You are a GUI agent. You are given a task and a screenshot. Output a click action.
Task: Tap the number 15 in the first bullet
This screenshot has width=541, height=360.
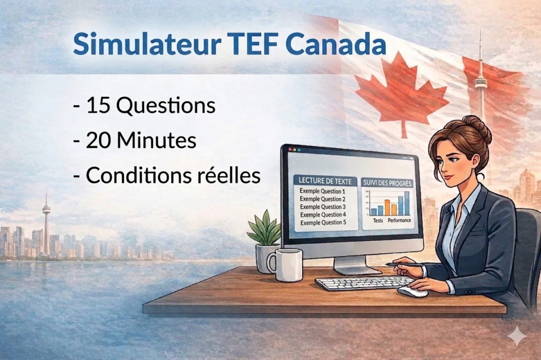(x=98, y=105)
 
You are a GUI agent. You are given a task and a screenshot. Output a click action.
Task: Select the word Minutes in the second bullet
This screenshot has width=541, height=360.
(x=156, y=140)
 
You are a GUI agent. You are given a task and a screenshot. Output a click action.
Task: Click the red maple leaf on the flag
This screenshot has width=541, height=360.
(x=402, y=93)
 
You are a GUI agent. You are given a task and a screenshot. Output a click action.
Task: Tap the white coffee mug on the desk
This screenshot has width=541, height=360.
(x=285, y=264)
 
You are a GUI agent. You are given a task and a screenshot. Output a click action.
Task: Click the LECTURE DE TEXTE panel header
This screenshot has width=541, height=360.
(x=325, y=181)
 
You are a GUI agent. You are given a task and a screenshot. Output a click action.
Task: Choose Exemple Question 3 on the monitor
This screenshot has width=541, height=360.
(x=323, y=207)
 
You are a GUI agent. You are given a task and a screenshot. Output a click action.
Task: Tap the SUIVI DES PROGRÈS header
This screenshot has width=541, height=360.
(x=387, y=183)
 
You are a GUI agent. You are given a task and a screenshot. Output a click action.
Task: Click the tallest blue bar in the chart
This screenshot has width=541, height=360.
(x=407, y=203)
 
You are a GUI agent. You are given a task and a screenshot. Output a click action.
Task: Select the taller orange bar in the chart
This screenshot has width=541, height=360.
(x=387, y=207)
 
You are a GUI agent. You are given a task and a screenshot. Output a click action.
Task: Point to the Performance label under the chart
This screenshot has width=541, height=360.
(x=399, y=220)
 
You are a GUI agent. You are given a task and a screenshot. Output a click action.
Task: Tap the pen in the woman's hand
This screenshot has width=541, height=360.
(x=404, y=265)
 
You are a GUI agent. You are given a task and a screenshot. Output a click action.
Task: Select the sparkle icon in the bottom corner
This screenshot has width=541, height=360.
(x=517, y=336)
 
